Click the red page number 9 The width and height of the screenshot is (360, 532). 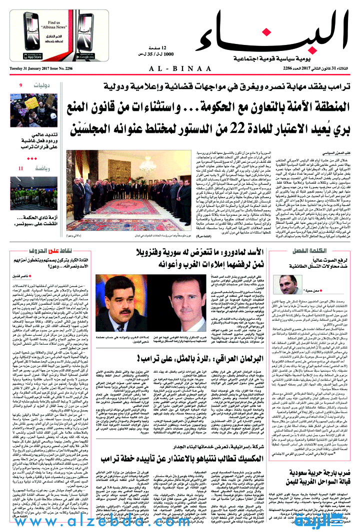21,86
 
